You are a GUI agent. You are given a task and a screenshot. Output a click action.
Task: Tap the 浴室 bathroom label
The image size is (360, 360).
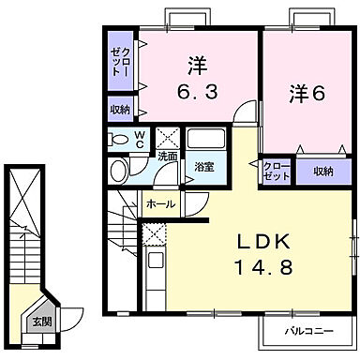pos(203,168)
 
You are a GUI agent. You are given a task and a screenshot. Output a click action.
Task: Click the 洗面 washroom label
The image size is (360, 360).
pos(168,156)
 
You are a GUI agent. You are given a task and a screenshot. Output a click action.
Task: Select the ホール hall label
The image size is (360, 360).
pos(158,201)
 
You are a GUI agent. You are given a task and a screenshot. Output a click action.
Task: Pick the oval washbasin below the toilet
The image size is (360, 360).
pos(119,171)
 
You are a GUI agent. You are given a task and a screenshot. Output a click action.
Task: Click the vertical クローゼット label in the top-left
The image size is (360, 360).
pos(119,61)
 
